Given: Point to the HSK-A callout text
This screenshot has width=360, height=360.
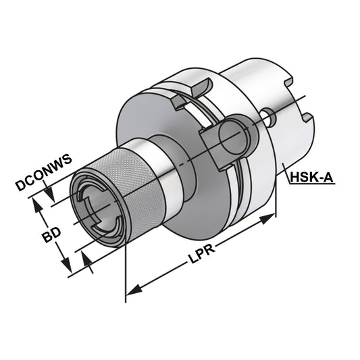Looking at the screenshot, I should [311, 178].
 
